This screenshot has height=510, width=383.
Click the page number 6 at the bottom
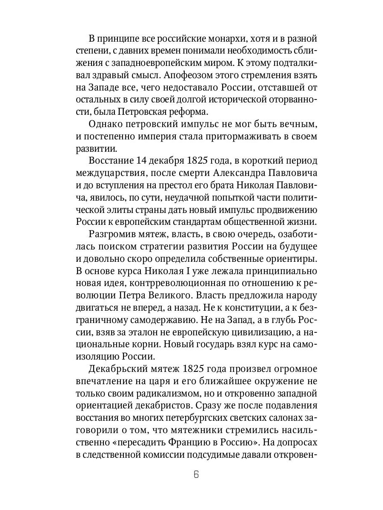click(196, 474)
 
